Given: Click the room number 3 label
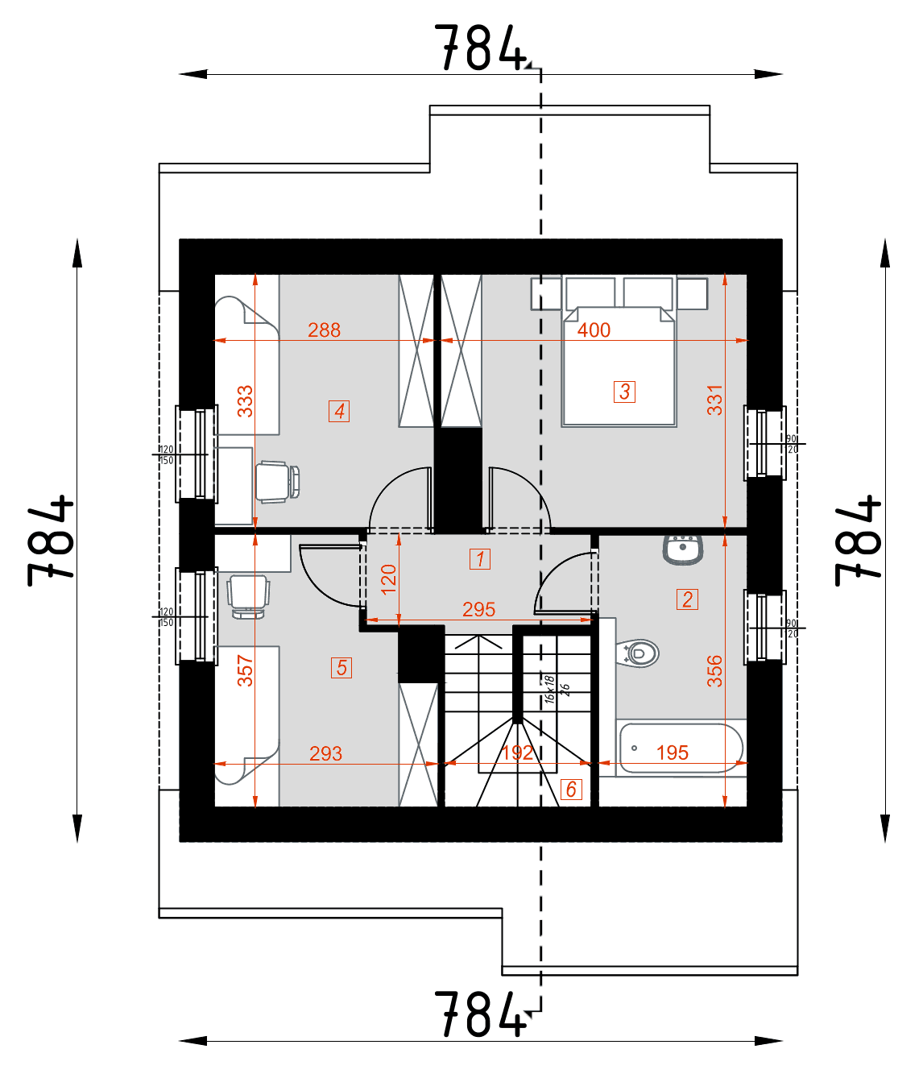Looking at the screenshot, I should (624, 392).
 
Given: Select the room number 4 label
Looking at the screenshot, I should (339, 411).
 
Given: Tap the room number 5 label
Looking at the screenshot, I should (341, 668).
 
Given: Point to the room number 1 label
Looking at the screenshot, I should (480, 559).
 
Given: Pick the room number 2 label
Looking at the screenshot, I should (687, 599).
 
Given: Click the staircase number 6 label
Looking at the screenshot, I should (570, 790).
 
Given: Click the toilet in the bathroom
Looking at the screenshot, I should (639, 653).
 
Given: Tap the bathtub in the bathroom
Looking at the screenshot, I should (681, 748).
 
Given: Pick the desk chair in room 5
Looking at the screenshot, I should (248, 595).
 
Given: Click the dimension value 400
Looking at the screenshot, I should (594, 330).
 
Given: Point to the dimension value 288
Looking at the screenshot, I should (324, 330).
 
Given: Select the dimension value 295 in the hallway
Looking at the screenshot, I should (478, 610).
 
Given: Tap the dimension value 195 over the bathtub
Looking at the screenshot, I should (672, 753).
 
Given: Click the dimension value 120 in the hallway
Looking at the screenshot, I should (389, 579).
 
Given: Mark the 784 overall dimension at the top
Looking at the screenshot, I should (480, 48).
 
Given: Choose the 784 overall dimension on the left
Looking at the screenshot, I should (50, 541).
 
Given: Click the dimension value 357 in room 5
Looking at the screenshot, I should (245, 670).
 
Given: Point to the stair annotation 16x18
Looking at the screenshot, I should (549, 690).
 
